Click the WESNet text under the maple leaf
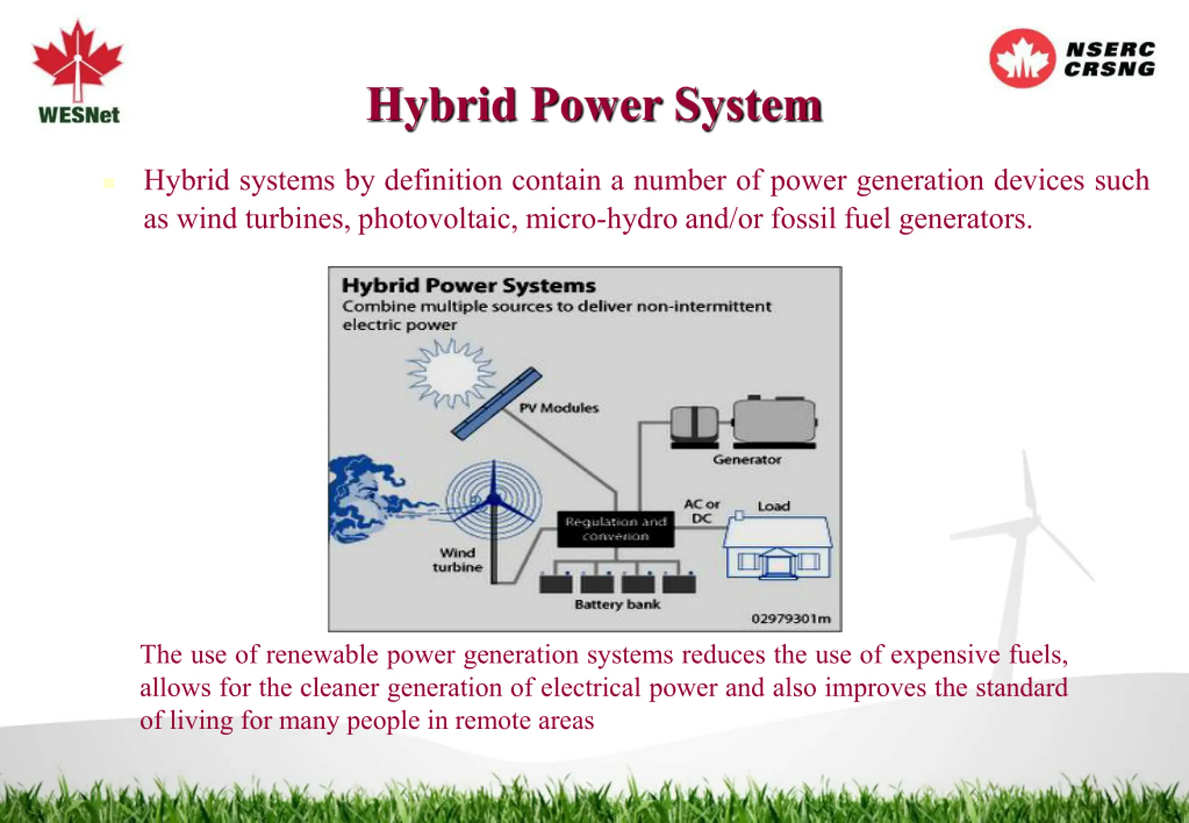79,114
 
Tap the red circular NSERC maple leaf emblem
1022,58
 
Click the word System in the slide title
748,106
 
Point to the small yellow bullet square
109,183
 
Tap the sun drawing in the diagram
451,373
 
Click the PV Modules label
559,408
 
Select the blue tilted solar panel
496,404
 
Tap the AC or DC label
702,511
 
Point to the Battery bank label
617,604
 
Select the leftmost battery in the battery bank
555,583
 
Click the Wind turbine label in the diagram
457,560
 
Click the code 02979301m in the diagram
791,618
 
